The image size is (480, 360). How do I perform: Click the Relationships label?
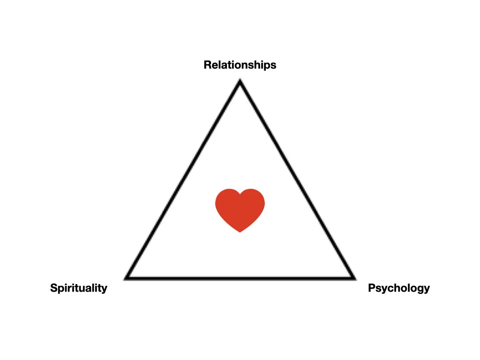coord(240,65)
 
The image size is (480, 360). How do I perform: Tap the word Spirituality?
coord(79,288)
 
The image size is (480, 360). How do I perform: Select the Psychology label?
coord(399,288)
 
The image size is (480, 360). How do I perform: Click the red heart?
coord(240,209)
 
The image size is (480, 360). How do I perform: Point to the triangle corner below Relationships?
coord(240,82)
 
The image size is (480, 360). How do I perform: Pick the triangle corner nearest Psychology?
coord(353,278)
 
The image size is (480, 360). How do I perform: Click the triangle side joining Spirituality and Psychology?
coord(240,278)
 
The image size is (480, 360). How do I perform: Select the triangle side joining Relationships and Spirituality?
coord(183,180)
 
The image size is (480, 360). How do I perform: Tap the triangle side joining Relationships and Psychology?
coord(297,180)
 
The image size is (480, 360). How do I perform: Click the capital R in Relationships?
coord(207,65)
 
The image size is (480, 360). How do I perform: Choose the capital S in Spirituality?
coord(53,288)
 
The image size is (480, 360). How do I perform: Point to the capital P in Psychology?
coord(371,288)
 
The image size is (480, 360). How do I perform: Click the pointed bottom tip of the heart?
coord(240,232)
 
